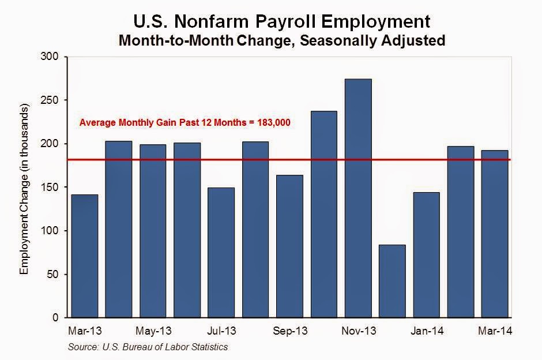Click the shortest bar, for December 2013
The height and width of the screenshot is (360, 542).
392,281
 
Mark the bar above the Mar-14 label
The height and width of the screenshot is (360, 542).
494,234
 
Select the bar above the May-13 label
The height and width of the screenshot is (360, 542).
152,231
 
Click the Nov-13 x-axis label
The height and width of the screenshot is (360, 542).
359,332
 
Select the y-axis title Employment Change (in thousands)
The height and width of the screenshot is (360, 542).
24,190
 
